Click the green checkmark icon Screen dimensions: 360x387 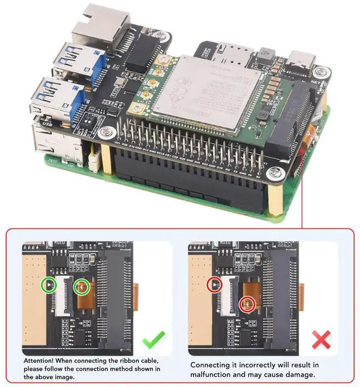click(152, 339)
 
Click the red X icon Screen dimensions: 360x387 click(321, 339)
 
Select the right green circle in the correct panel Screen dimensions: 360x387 click(83, 287)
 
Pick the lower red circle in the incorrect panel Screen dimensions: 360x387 click(247, 304)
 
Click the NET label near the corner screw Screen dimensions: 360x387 click(314, 81)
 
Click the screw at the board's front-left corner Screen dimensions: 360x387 click(105, 133)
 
